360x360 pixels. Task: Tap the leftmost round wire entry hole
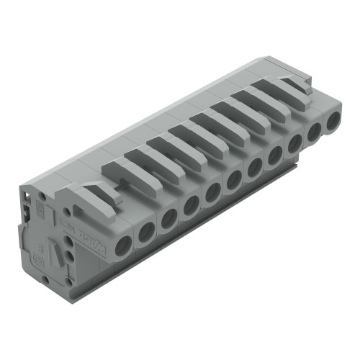tap(123, 243)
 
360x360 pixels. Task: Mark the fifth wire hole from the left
tap(213, 192)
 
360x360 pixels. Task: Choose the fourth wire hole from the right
tap(276, 156)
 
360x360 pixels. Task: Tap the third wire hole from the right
tap(296, 144)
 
